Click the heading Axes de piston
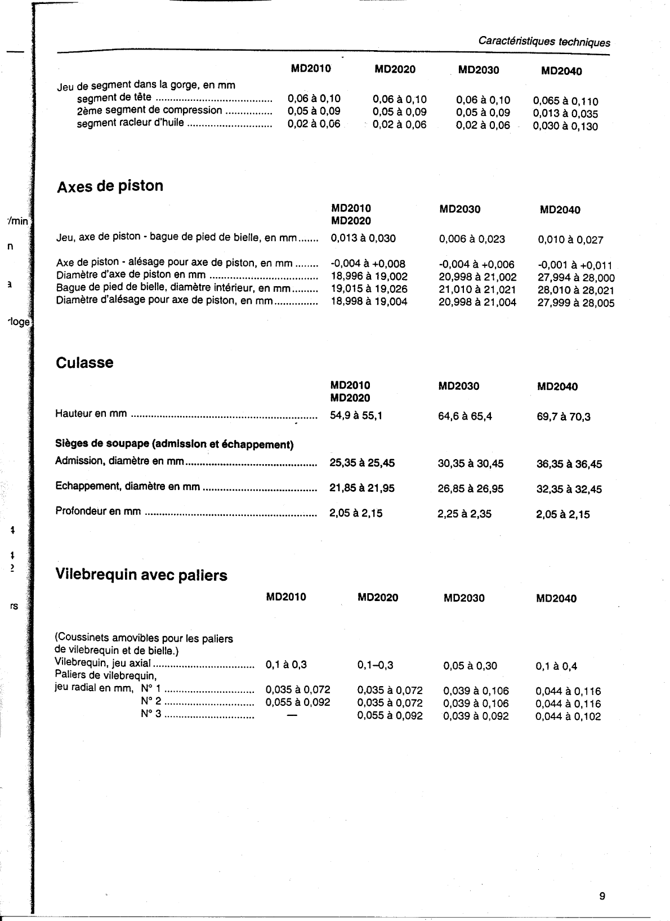pyautogui.click(x=110, y=186)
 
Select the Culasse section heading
pyautogui.click(x=84, y=362)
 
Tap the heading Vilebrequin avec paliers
pyautogui.click(x=141, y=575)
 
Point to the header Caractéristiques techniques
pyautogui.click(x=544, y=42)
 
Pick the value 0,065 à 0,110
pyautogui.click(x=565, y=101)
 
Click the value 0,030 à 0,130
pyautogui.click(x=565, y=126)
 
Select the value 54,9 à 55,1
pyautogui.click(x=356, y=416)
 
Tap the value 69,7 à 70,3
pyautogui.click(x=564, y=417)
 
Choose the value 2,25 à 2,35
pyautogui.click(x=464, y=513)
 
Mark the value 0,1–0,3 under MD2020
pyautogui.click(x=375, y=665)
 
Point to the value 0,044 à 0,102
pyautogui.click(x=568, y=717)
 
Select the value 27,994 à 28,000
pyautogui.click(x=576, y=278)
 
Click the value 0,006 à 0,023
pyautogui.click(x=472, y=239)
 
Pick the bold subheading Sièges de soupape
pyautogui.click(x=174, y=444)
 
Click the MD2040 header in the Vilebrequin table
pyautogui.click(x=556, y=598)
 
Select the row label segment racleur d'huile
pyautogui.click(x=130, y=122)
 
